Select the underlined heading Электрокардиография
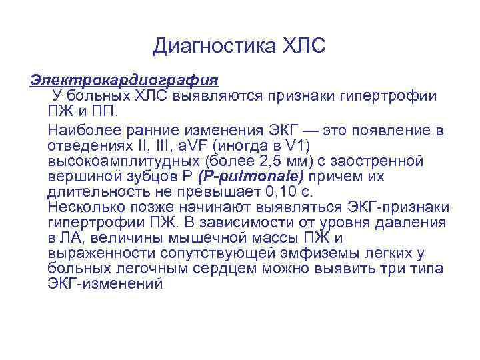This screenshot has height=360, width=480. click(124, 81)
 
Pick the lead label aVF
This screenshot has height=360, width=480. click(192, 145)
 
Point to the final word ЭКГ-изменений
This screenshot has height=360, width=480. click(105, 284)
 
